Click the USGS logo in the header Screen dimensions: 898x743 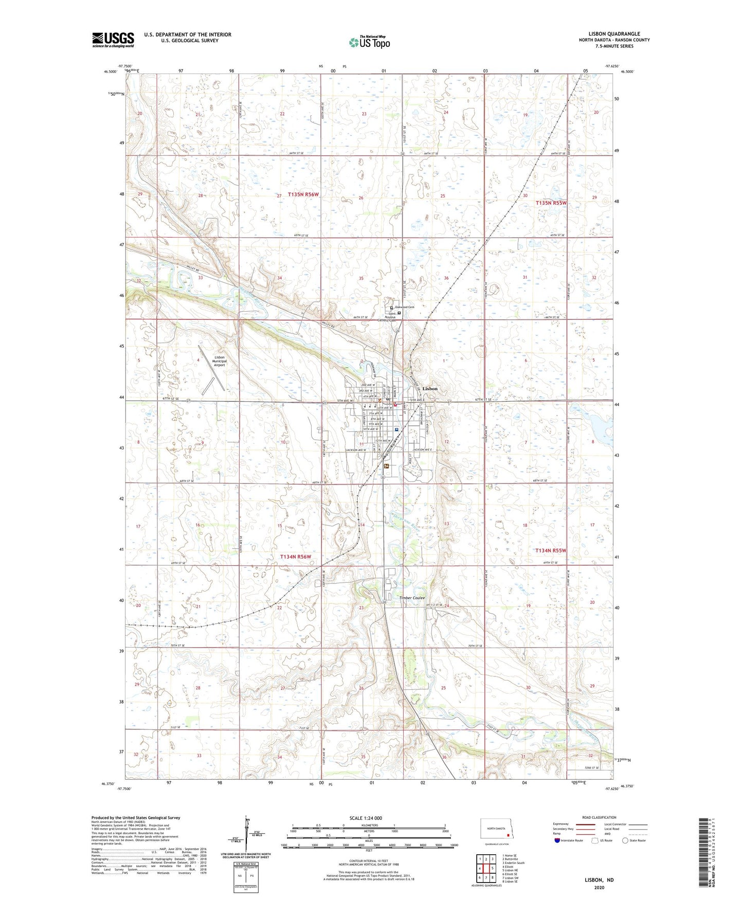pyautogui.click(x=113, y=40)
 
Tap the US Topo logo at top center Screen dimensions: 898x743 pyautogui.click(x=369, y=42)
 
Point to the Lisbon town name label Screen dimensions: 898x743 pyautogui.click(x=429, y=388)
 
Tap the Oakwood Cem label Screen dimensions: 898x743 pyautogui.click(x=404, y=307)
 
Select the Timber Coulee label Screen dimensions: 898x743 pyautogui.click(x=412, y=598)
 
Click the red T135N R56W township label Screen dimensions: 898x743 pyautogui.click(x=303, y=194)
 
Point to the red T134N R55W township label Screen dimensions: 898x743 pyautogui.click(x=551, y=550)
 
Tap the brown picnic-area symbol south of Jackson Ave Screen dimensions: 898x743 pyautogui.click(x=386, y=466)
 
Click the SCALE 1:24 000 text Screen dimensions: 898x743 pyautogui.click(x=366, y=818)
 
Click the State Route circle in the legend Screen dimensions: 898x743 pyautogui.click(x=625, y=840)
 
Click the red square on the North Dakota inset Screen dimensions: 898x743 pyautogui.click(x=508, y=835)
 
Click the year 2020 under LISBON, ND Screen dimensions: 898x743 pyautogui.click(x=599, y=887)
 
